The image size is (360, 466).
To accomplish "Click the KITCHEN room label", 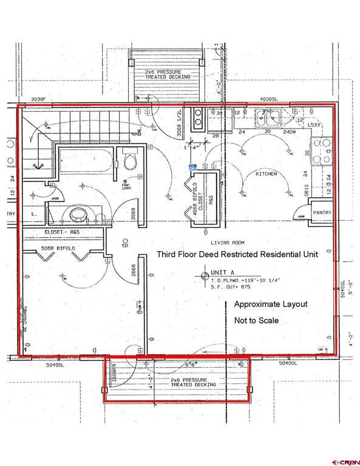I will pyautogui.click(x=266, y=174).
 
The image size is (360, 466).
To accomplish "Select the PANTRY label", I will pyautogui.click(x=322, y=213).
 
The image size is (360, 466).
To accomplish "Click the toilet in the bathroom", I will pyautogui.click(x=130, y=161).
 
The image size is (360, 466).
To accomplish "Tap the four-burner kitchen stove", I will pyautogui.click(x=321, y=151).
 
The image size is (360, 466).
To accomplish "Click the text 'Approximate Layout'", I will pyautogui.click(x=271, y=304).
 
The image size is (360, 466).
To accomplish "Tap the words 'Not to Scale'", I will pyautogui.click(x=256, y=320).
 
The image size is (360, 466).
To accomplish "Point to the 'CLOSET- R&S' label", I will pyautogui.click(x=62, y=232).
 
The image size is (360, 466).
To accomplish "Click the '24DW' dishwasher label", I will pyautogui.click(x=290, y=132).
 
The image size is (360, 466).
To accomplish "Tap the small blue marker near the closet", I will pyautogui.click(x=192, y=165).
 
